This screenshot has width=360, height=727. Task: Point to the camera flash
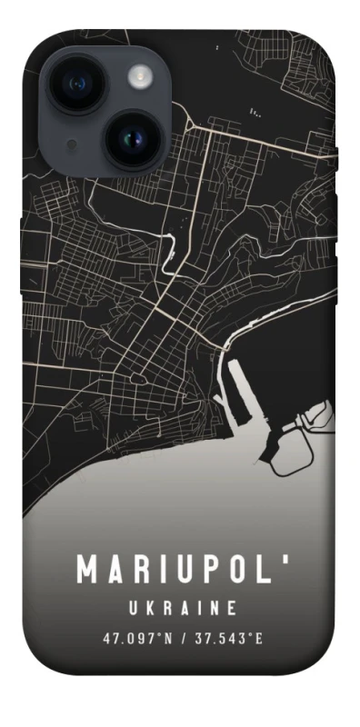(x=142, y=75)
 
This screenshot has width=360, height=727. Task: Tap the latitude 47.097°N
(x=136, y=638)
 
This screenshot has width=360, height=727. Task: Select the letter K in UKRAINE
(x=147, y=607)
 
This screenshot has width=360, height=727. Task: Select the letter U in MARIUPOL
(x=185, y=570)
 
